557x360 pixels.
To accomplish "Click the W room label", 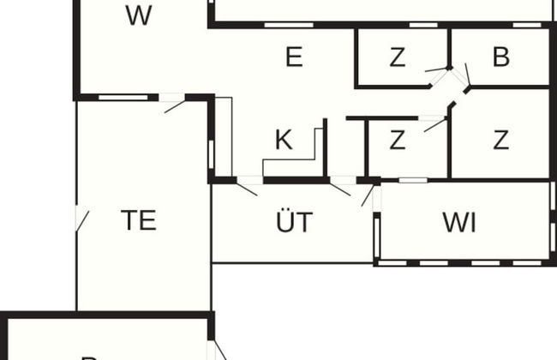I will (x=138, y=15).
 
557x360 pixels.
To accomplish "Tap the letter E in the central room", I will (x=293, y=57).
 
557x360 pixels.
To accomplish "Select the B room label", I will (x=501, y=57).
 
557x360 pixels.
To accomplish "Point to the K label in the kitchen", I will (x=283, y=141).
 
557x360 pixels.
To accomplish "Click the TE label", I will (x=138, y=220).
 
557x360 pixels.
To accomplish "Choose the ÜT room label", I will (x=294, y=223).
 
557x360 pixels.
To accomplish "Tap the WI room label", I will (x=459, y=222).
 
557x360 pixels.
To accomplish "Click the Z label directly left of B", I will (x=397, y=57).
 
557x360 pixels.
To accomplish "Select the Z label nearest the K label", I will (x=397, y=141).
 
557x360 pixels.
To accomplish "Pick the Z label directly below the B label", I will (x=501, y=141).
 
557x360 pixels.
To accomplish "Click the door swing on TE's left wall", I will (x=82, y=219).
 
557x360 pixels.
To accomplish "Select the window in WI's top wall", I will (x=413, y=180).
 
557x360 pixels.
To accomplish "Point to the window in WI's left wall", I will (x=376, y=236).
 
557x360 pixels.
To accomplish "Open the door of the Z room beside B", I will (x=437, y=69).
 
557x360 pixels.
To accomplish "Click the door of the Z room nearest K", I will (x=435, y=124).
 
